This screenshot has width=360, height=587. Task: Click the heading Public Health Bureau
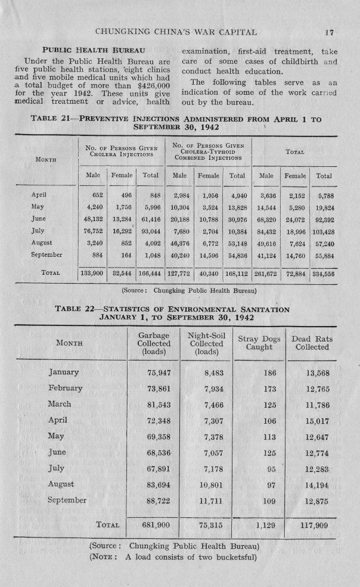pos(93,50)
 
